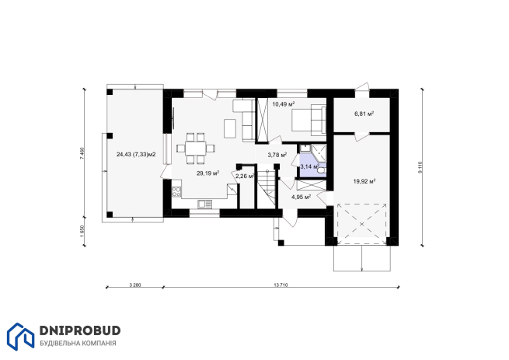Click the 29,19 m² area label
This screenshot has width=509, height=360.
(207, 173)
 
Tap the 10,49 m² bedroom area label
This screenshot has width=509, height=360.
(284, 104)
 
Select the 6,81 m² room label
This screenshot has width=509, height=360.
(364, 114)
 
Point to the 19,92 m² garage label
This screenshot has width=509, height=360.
(364, 181)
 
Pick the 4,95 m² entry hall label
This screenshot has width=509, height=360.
(302, 197)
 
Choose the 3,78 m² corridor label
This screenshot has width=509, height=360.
(277, 155)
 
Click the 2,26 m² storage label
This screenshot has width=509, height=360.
(245, 177)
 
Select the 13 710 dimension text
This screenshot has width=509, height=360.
(281, 285)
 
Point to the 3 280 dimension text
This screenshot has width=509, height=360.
(135, 285)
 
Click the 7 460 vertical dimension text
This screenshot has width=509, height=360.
(82, 153)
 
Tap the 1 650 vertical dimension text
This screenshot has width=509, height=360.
(82, 231)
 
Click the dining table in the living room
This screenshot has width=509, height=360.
(196, 149)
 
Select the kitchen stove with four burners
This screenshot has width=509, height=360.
(176, 191)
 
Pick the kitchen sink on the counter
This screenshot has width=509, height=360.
(204, 204)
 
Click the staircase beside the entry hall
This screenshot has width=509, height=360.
(267, 187)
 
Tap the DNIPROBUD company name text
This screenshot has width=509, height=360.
(80, 330)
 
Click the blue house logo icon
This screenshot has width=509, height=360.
(20, 337)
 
